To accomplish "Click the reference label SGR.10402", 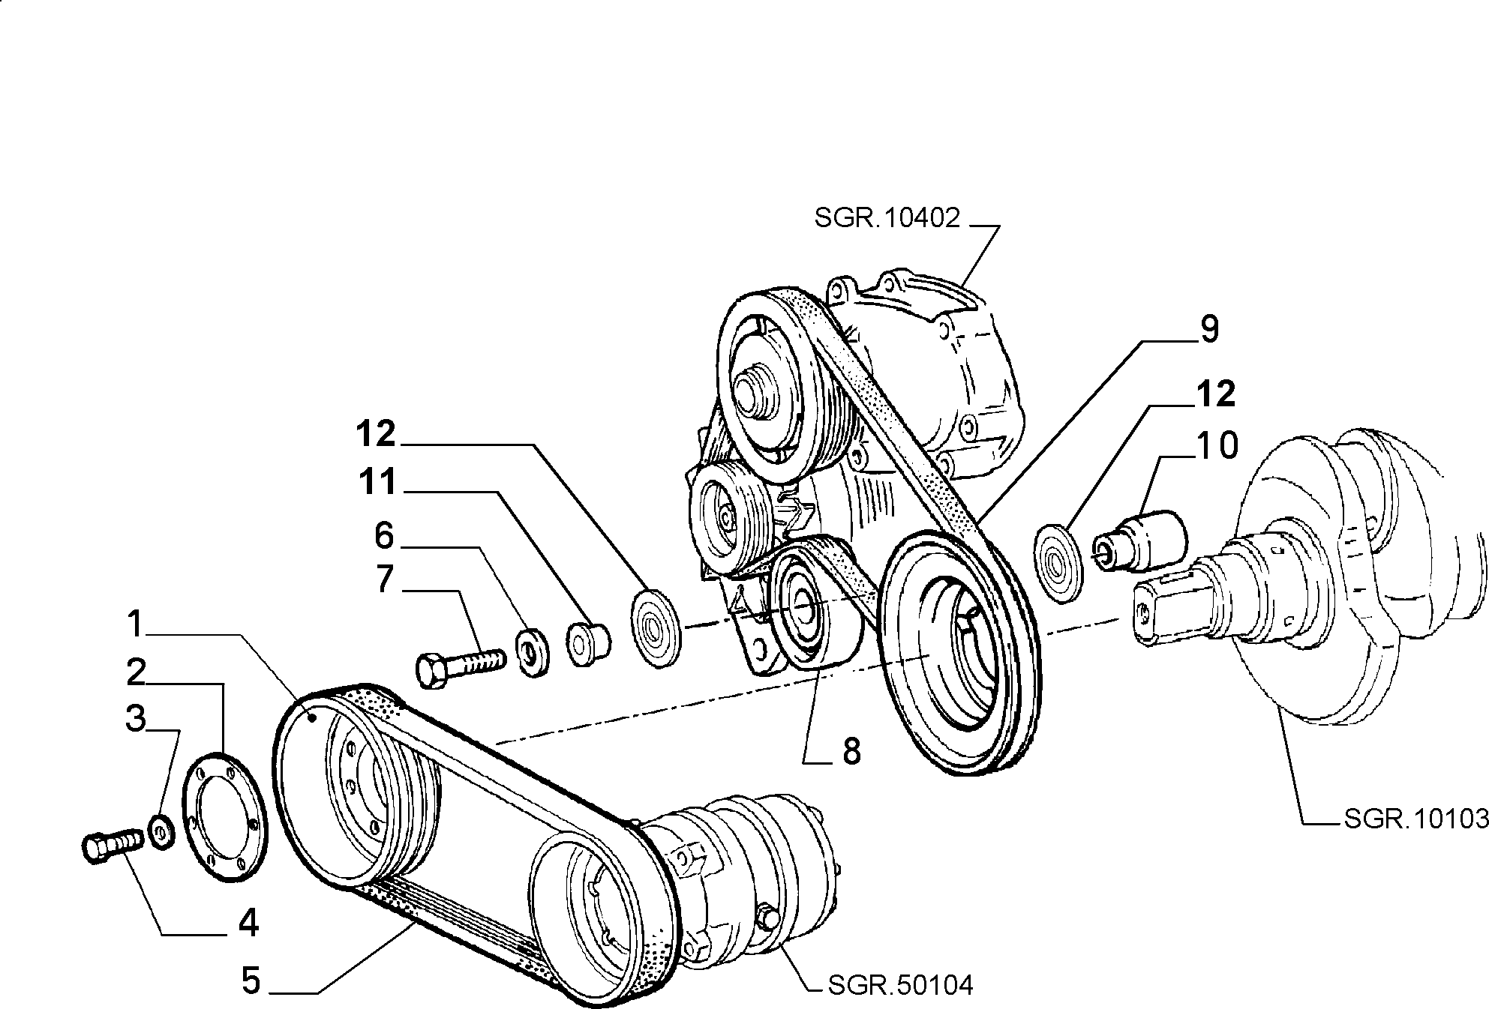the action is [x=887, y=218].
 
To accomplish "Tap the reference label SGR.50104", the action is [x=900, y=984].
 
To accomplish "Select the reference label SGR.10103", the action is [x=1415, y=819].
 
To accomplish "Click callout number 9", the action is [x=1209, y=330].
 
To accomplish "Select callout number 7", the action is [x=385, y=579].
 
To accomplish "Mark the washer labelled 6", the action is [x=533, y=653].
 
